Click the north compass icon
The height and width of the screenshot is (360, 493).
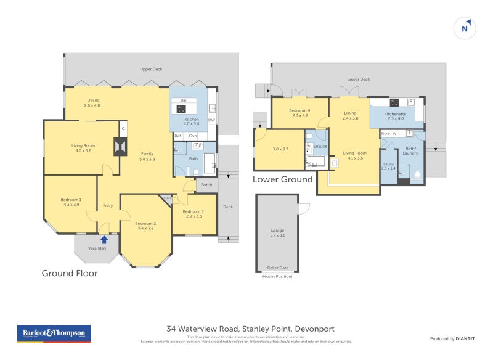tap(467, 28)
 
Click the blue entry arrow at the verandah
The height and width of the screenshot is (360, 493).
tap(104, 239)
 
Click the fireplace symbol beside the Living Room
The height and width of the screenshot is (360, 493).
tap(119, 147)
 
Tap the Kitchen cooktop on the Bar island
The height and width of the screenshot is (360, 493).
tap(182, 109)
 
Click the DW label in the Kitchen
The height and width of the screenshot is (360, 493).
tap(211, 120)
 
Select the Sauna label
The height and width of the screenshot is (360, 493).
tap(388, 166)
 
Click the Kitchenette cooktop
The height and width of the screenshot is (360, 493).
tap(394, 102)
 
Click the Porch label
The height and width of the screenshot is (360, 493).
tap(206, 184)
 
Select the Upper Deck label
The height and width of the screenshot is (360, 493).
tap(150, 69)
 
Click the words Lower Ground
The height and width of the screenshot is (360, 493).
tap(282, 179)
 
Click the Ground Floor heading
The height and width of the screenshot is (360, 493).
tap(69, 273)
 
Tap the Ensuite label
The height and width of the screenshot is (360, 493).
tap(320, 147)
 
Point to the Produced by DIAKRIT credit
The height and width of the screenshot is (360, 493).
tap(455, 339)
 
